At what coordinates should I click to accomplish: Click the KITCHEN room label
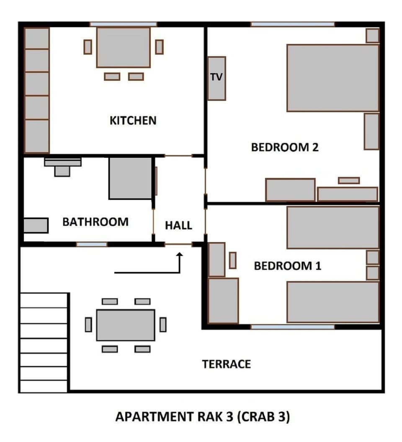coord(133,120)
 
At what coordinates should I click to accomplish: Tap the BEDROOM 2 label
coord(285,148)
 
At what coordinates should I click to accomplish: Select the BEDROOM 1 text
coord(288,266)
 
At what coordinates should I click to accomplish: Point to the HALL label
coord(178,225)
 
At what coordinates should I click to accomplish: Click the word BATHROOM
coord(95,222)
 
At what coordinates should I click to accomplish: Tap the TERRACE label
coord(227,364)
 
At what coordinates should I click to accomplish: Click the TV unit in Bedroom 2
coord(216,78)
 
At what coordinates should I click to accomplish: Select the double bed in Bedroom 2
coord(332,78)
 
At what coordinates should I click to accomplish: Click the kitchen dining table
coord(123,47)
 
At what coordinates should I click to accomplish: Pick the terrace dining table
coord(126,325)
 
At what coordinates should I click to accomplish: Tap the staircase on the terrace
coord(44,342)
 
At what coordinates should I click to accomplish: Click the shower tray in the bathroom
coord(130,178)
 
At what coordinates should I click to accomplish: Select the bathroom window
coord(91,244)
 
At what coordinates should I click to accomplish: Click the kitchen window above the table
coord(123,24)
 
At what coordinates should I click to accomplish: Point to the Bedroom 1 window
coord(292,327)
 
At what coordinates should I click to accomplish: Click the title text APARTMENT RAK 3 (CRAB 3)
coord(202,417)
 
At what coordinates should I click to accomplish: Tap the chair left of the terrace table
coord(88,325)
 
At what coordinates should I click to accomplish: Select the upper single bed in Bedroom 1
coord(332,227)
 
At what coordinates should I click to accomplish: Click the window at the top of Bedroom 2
coord(292,24)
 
